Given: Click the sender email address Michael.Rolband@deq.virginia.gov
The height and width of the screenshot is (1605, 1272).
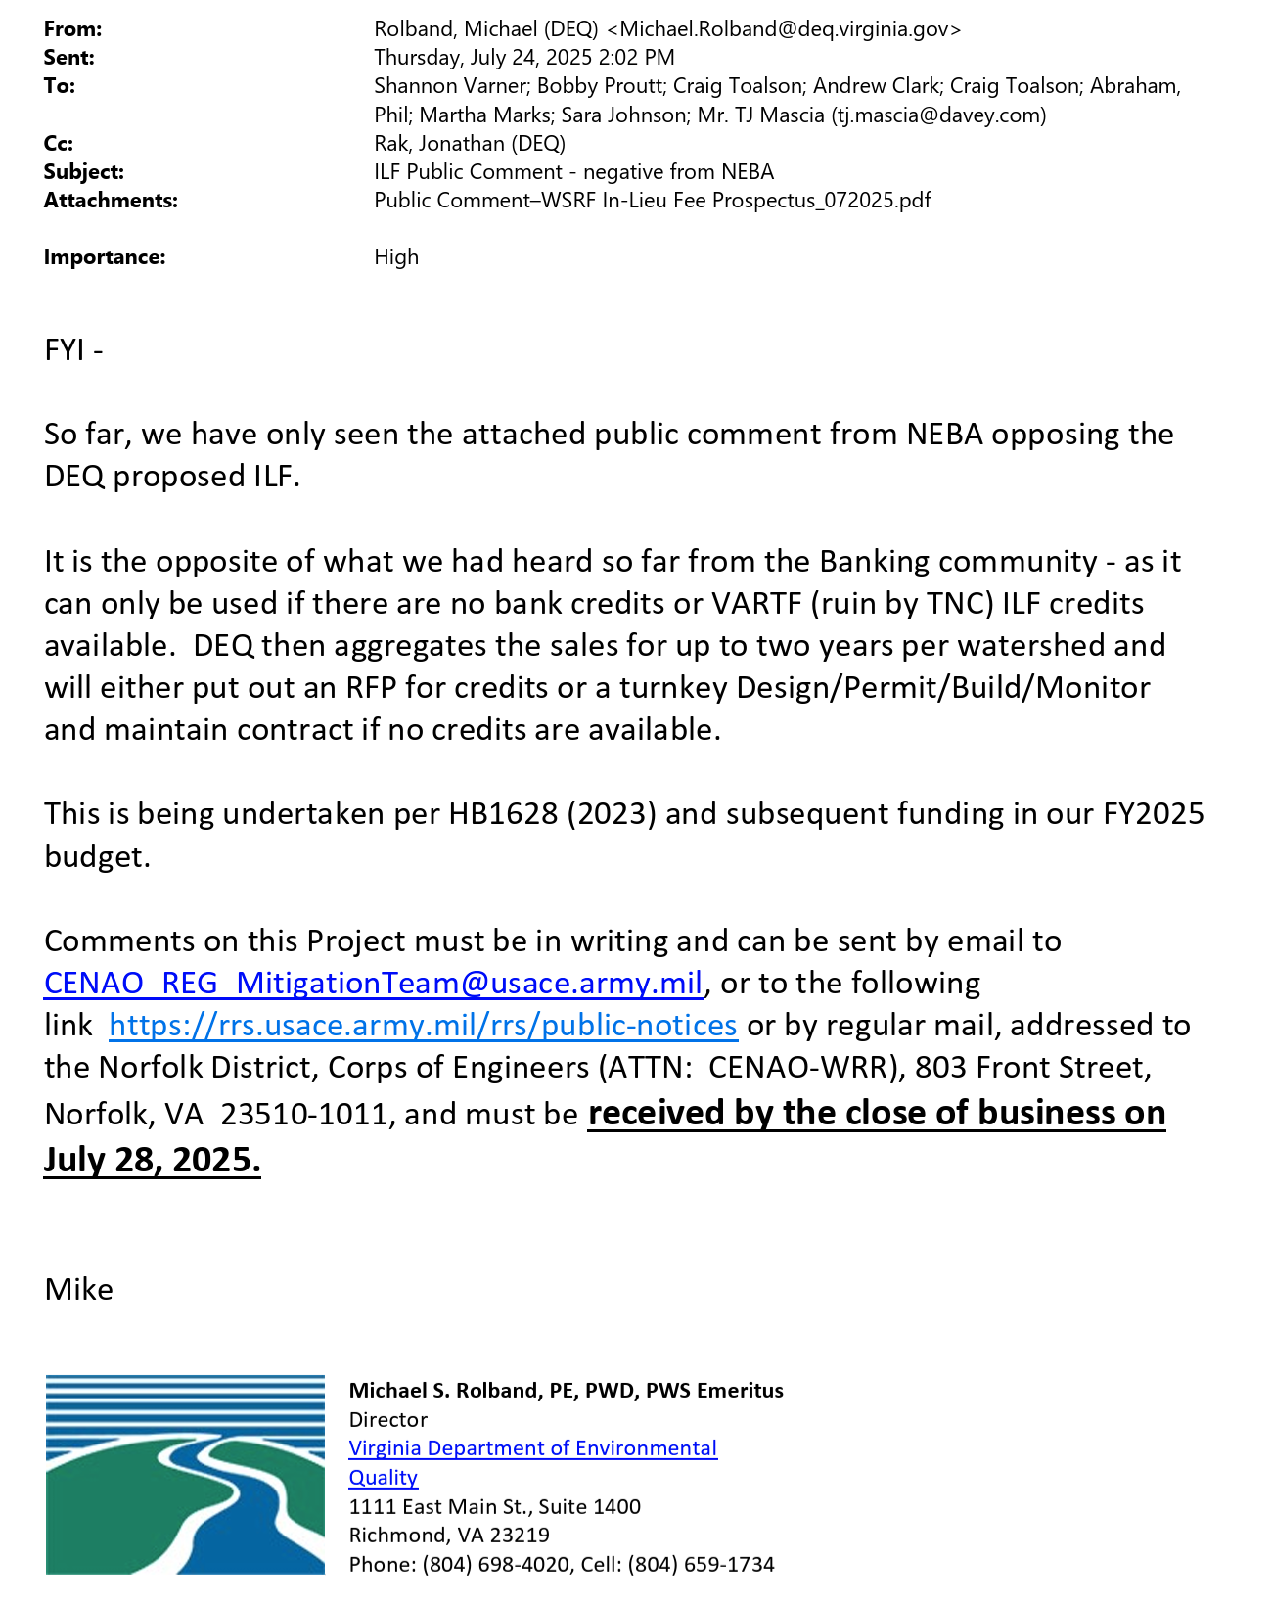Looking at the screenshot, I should point(791,29).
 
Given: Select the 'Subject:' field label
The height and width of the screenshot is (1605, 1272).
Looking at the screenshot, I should point(84,172).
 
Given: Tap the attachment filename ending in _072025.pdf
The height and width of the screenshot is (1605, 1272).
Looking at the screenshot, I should point(652,201).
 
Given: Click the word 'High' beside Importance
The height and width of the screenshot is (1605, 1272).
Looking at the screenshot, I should point(396,257).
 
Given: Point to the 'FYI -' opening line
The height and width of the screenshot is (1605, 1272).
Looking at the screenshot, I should point(73,350).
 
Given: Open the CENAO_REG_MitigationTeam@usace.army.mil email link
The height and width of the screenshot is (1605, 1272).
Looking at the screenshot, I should point(374,984).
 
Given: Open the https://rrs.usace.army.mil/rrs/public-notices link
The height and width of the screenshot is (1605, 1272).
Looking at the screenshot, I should point(423,1026).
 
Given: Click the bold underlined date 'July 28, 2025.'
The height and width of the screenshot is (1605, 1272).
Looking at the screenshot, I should point(153,1160).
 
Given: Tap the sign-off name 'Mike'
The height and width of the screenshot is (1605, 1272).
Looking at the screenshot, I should point(78,1290).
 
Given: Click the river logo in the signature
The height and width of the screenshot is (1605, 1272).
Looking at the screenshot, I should point(185,1475).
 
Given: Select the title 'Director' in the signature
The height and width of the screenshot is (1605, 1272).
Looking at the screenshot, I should point(388,1420).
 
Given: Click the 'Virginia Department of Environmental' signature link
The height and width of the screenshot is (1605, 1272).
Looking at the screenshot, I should point(533,1448).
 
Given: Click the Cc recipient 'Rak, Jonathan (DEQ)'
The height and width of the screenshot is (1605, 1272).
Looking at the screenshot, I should point(470,144).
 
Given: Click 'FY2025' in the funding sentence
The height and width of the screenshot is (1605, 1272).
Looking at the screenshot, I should point(1154,814).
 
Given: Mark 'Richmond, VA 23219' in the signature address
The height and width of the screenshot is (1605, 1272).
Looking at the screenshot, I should point(449,1536).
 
